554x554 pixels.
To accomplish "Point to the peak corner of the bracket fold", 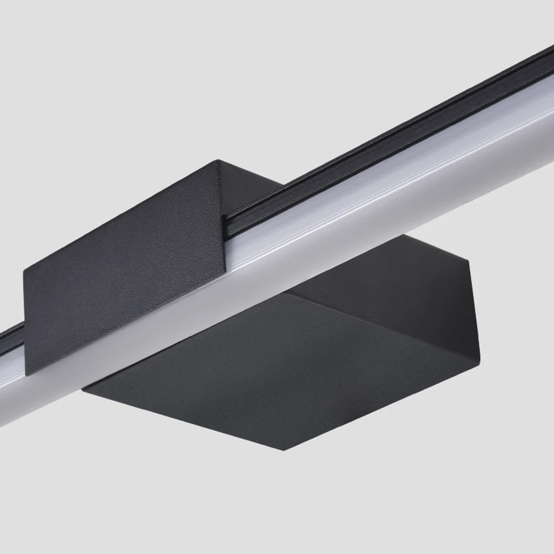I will pyautogui.click(x=220, y=161).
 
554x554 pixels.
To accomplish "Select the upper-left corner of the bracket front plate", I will pyautogui.click(x=24, y=270).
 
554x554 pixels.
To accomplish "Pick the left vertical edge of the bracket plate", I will pyautogui.click(x=25, y=319).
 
